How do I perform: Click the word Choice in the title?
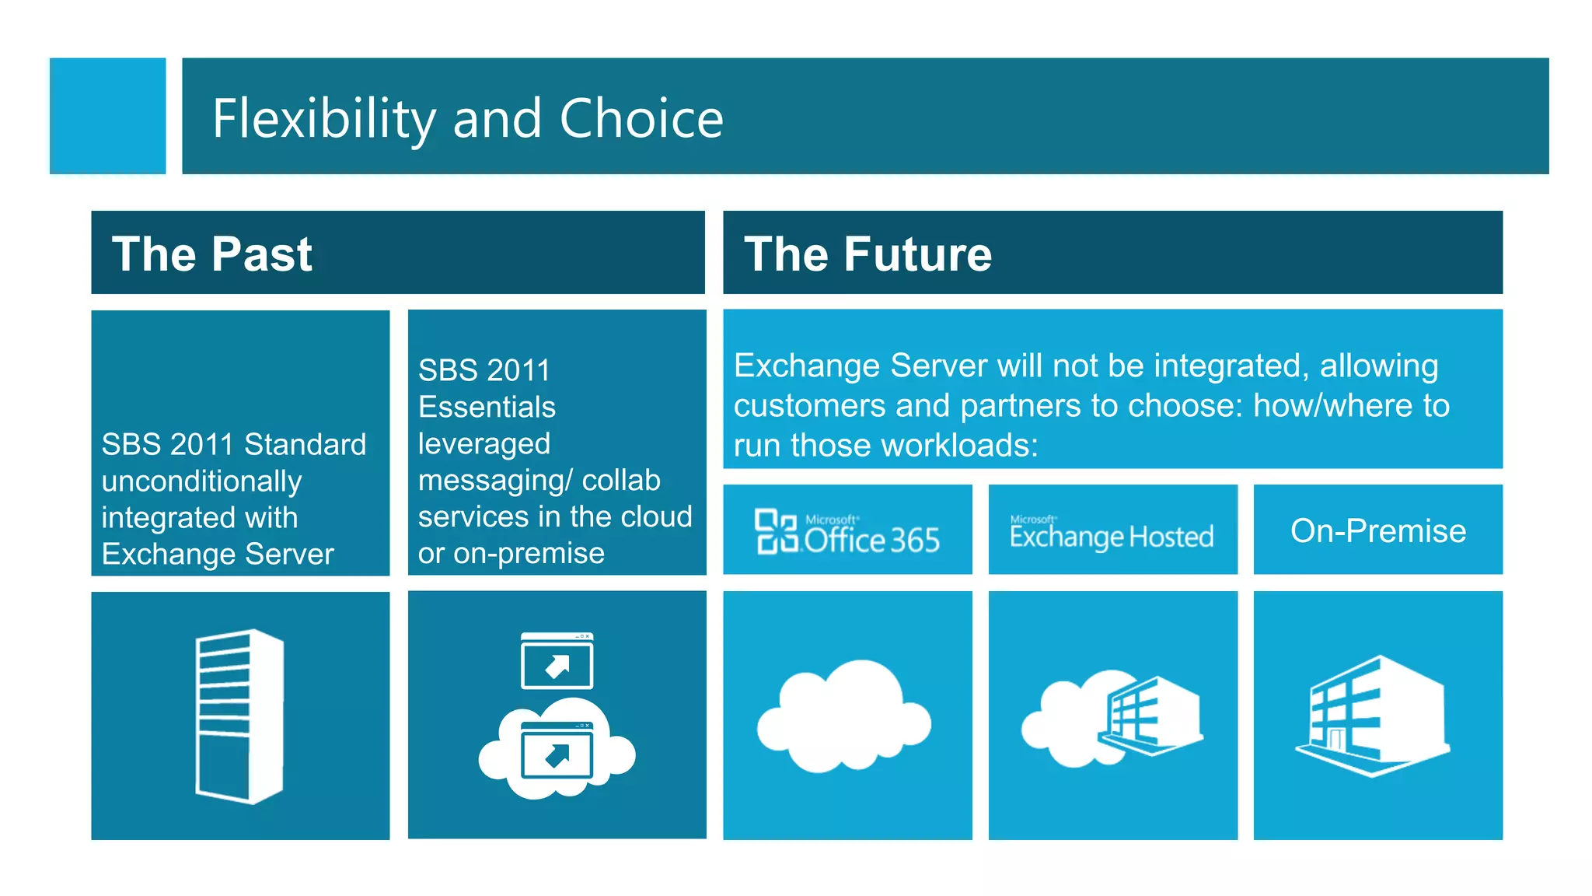[x=641, y=119]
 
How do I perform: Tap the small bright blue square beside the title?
[x=107, y=116]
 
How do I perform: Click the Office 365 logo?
[x=847, y=532]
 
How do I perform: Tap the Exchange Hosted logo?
[x=1112, y=534]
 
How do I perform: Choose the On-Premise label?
[x=1377, y=530]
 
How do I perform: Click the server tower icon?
[x=239, y=716]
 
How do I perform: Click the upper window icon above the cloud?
[x=557, y=661]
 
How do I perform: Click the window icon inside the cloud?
[x=557, y=751]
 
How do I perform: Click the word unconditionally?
[x=201, y=481]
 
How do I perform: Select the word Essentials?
[x=487, y=407]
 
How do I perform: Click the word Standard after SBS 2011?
[x=305, y=444]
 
